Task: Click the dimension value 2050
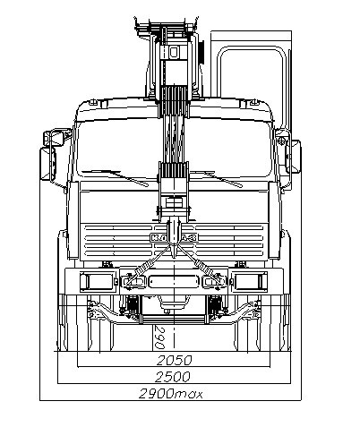[174, 361]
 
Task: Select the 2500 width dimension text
[173, 377]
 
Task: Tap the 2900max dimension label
[171, 394]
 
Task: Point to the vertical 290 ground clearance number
[160, 337]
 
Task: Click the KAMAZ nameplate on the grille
[174, 238]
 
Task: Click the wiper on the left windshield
[115, 177]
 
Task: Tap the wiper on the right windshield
[217, 178]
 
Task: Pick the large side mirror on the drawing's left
[48, 163]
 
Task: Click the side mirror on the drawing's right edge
[293, 157]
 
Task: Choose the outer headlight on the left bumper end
[96, 282]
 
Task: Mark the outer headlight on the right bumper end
[251, 282]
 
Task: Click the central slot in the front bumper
[174, 282]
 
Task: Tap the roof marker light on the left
[94, 102]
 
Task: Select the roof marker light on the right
[253, 102]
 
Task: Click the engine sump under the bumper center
[174, 303]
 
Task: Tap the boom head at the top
[167, 28]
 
